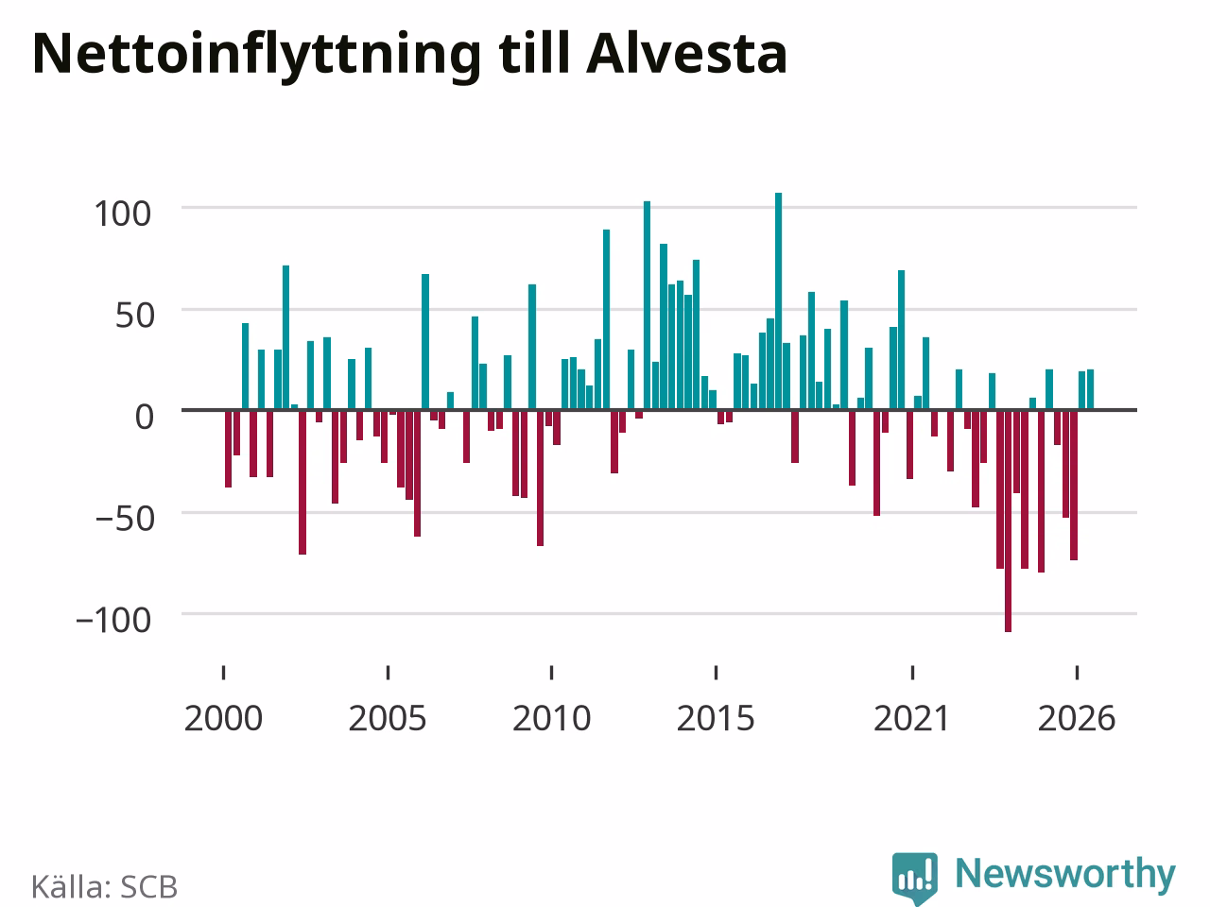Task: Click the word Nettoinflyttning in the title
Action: pyautogui.click(x=257, y=56)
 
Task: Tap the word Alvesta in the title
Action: pyautogui.click(x=687, y=53)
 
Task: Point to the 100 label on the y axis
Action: pyautogui.click(x=122, y=214)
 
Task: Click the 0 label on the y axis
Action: pyautogui.click(x=145, y=417)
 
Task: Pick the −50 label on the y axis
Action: pyautogui.click(x=125, y=519)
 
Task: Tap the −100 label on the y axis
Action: pyautogui.click(x=113, y=620)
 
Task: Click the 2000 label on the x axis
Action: pyautogui.click(x=223, y=718)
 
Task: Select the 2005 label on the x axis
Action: pyautogui.click(x=388, y=718)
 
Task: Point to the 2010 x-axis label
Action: pyautogui.click(x=552, y=718)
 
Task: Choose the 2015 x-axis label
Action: pyautogui.click(x=716, y=718)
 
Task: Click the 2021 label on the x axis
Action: pyautogui.click(x=912, y=718)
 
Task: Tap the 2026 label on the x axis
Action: pyautogui.click(x=1077, y=718)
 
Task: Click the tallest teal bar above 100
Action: pyautogui.click(x=778, y=301)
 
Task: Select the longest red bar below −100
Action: pyautogui.click(x=1009, y=521)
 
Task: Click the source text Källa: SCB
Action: pyautogui.click(x=104, y=886)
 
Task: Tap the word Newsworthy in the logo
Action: pyautogui.click(x=1065, y=875)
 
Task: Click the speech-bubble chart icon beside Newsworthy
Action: pyautogui.click(x=915, y=879)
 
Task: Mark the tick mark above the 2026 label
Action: pyautogui.click(x=1077, y=673)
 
